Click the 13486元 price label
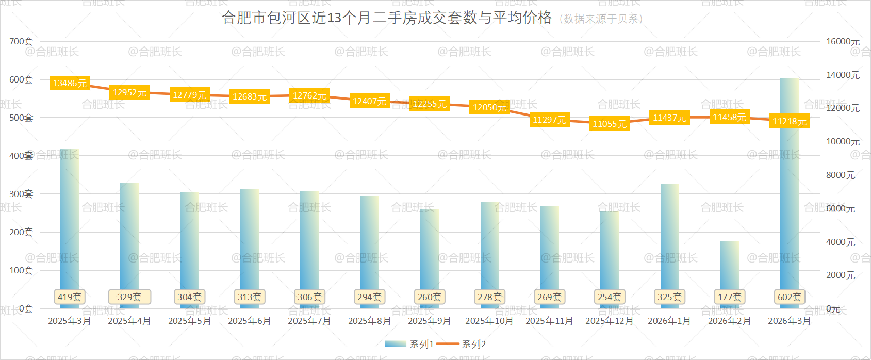click(70, 83)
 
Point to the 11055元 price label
click(610, 124)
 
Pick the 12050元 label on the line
click(489, 107)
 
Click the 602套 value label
click(790, 297)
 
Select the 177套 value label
click(730, 297)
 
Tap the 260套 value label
click(430, 297)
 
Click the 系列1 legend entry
click(409, 344)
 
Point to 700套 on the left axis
click(21, 41)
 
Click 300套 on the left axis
click(21, 194)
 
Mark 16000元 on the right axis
click(843, 41)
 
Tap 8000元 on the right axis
click(841, 175)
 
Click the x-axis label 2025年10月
click(489, 321)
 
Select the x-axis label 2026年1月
click(669, 321)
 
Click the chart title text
click(387, 18)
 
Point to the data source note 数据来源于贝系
click(601, 19)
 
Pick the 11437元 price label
click(669, 118)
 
